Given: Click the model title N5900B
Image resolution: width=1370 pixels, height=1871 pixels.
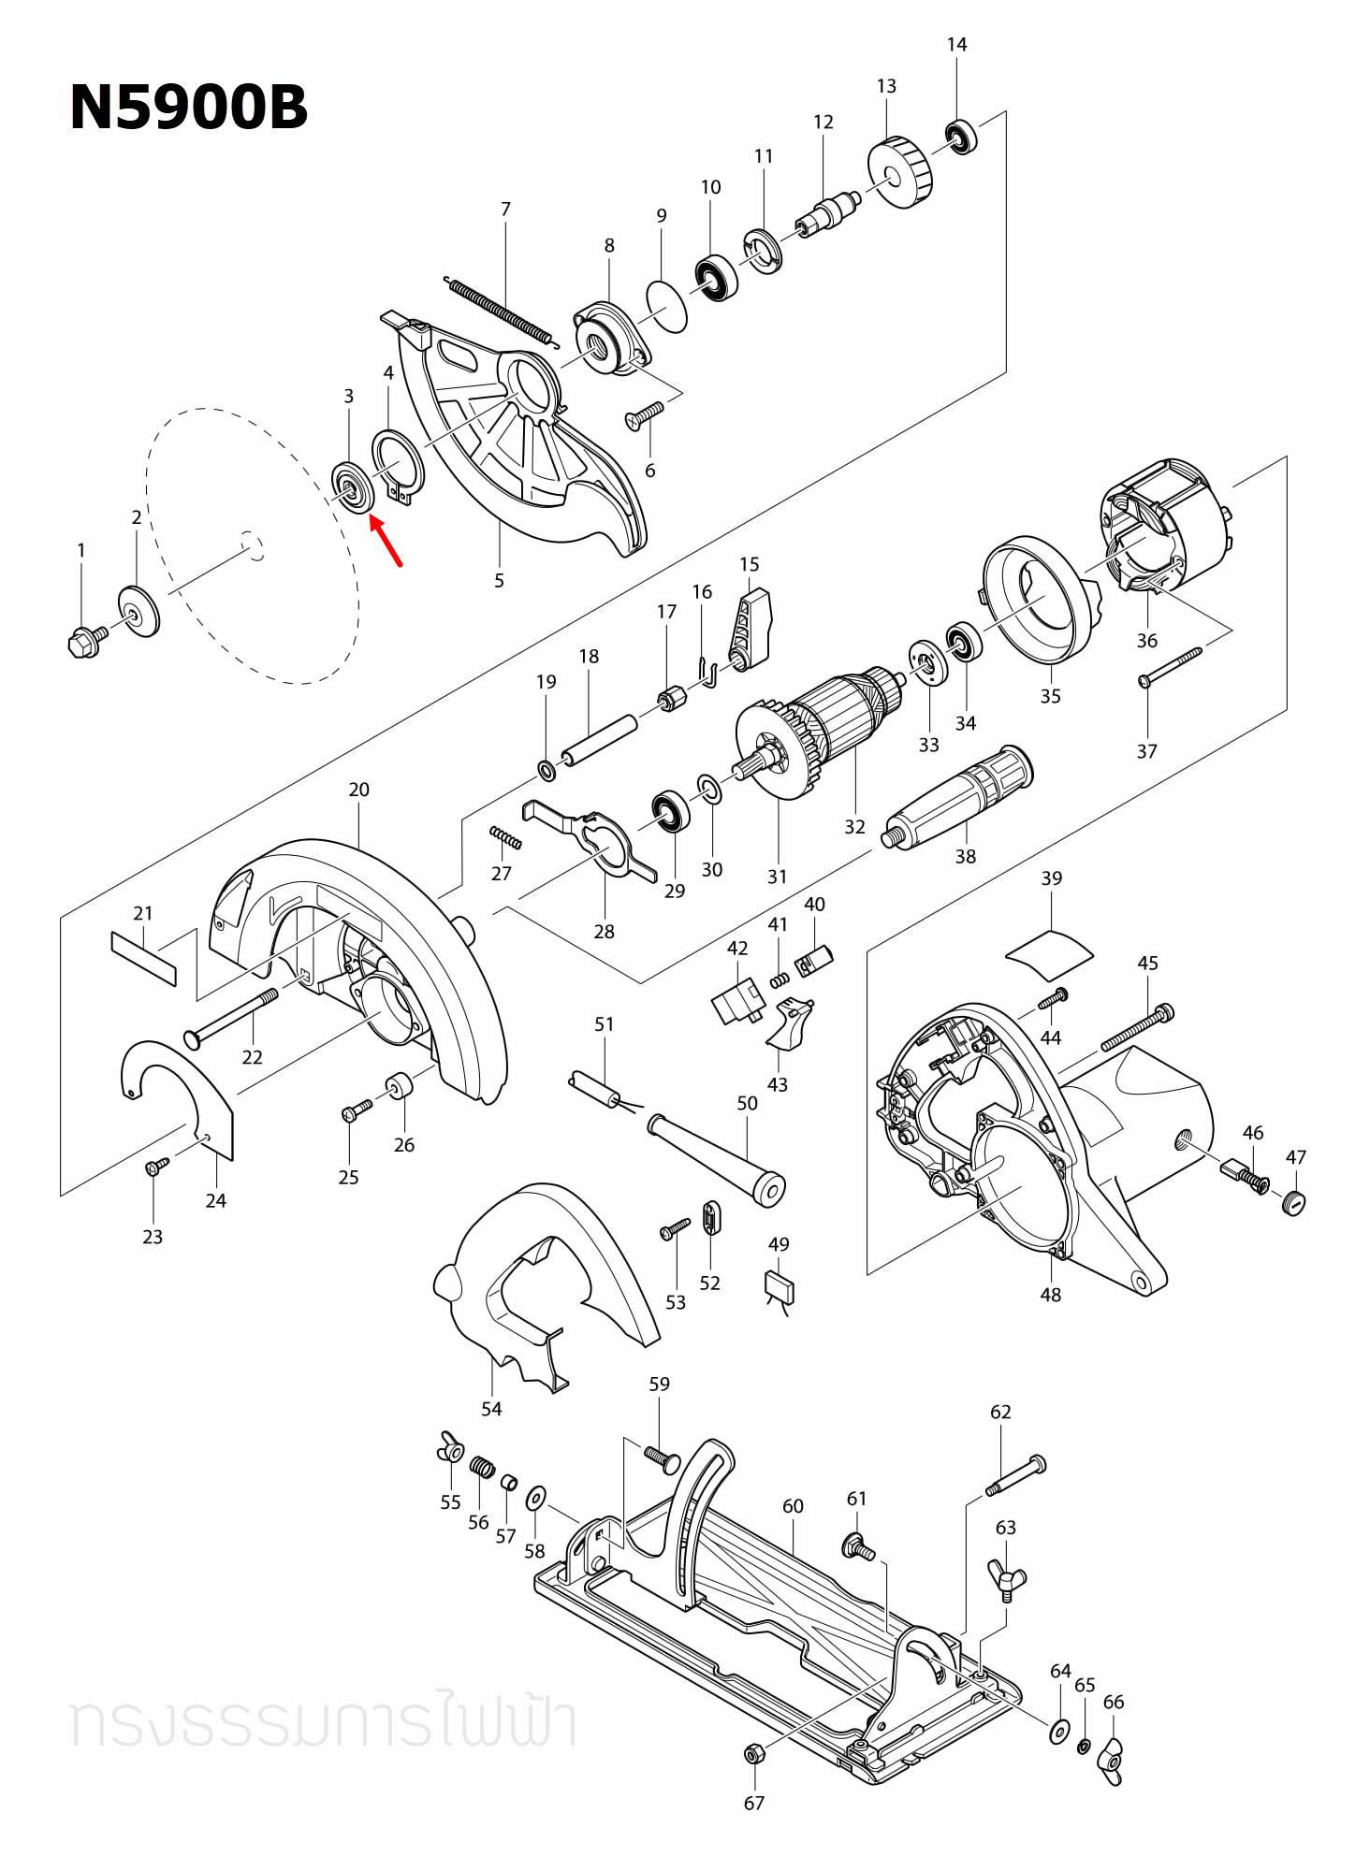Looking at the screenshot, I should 188,107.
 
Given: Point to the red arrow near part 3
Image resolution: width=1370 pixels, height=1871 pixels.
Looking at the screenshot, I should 386,542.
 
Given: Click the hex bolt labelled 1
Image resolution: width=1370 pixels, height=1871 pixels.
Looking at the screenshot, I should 86,642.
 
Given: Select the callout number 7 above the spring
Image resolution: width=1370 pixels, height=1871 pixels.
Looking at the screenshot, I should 505,209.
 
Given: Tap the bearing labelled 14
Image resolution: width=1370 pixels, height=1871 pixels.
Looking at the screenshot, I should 961,138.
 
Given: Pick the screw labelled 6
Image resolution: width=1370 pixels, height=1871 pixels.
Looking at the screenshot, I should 645,414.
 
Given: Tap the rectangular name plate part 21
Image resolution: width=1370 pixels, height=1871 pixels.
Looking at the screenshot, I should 143,957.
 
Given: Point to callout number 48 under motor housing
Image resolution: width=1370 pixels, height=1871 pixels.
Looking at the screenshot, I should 1050,1295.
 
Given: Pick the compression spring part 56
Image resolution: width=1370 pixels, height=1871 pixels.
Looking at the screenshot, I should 481,1467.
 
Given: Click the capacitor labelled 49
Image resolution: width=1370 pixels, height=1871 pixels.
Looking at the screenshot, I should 780,1288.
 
